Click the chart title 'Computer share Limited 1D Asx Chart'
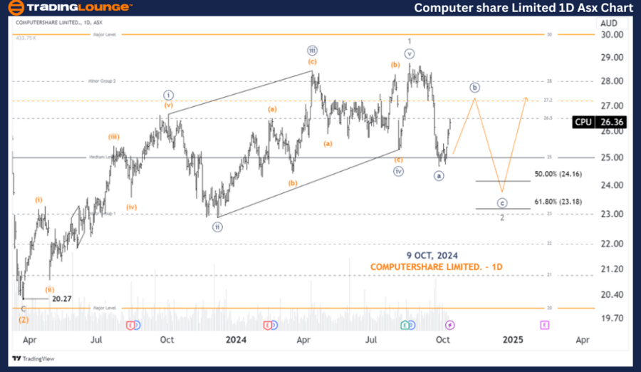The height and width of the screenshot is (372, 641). tap(523, 8)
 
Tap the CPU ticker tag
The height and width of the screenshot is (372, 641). tap(583, 122)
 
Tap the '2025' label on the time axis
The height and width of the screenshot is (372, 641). tap(512, 340)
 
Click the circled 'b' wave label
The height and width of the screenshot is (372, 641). tap(474, 88)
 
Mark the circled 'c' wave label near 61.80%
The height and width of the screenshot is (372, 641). tap(503, 202)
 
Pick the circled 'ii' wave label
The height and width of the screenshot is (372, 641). tap(217, 227)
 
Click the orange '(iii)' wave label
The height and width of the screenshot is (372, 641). tap(114, 136)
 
